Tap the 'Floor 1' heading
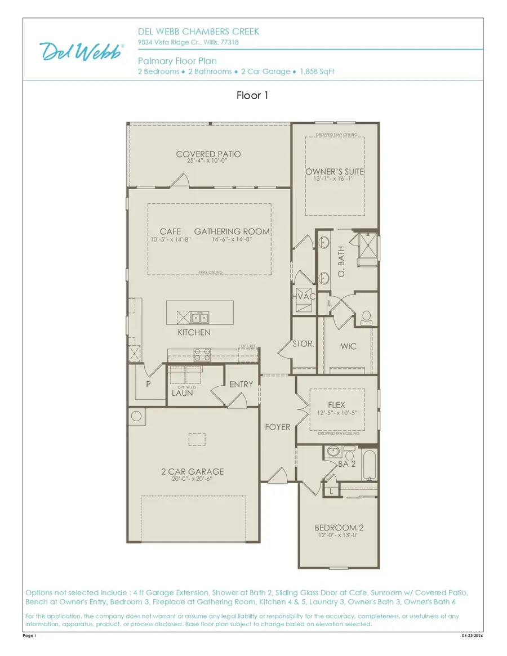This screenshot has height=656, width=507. pyautogui.click(x=253, y=96)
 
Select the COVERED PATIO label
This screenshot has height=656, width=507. pyautogui.click(x=208, y=154)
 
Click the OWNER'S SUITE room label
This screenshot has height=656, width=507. pyautogui.click(x=335, y=171)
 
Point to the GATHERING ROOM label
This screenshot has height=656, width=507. pyautogui.click(x=232, y=231)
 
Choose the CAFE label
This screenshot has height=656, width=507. pyautogui.click(x=170, y=231)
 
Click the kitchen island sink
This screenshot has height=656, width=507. pyautogui.click(x=198, y=317)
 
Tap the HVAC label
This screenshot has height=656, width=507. pyautogui.click(x=303, y=297)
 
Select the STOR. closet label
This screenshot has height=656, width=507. pyautogui.click(x=303, y=343)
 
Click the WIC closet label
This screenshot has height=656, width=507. pyautogui.click(x=348, y=346)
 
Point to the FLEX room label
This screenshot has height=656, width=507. pyautogui.click(x=336, y=405)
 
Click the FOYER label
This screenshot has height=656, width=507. pyautogui.click(x=278, y=427)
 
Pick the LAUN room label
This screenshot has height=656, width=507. pyautogui.click(x=183, y=392)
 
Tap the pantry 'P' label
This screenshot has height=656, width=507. pyautogui.click(x=149, y=383)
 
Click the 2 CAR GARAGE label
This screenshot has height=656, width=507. pyautogui.click(x=193, y=471)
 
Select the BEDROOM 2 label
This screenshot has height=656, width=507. pyautogui.click(x=339, y=528)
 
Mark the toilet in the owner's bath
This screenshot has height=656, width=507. pyautogui.click(x=366, y=317)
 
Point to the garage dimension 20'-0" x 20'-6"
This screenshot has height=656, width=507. pyautogui.click(x=193, y=479)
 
